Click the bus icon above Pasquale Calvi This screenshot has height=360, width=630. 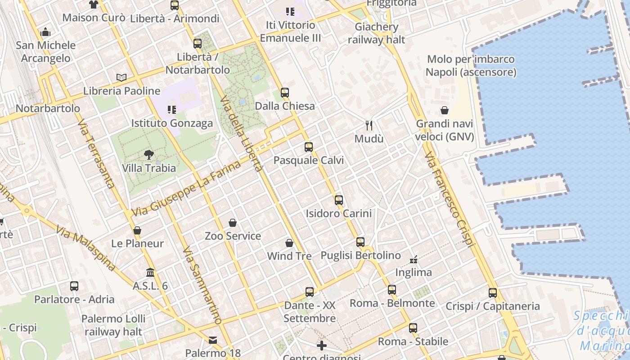[308, 147]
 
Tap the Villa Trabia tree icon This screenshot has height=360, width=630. [148, 155]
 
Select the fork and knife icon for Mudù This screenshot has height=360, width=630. [369, 125]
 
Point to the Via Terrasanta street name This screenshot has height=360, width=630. [95, 153]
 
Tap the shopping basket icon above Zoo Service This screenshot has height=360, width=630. [233, 223]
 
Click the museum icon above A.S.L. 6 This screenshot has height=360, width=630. [150, 273]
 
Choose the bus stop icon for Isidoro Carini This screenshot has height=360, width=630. [339, 200]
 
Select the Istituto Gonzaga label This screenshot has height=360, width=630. [172, 123]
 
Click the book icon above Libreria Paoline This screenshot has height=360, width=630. [121, 77]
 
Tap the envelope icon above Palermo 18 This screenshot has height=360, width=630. [213, 340]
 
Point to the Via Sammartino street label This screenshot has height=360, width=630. [202, 285]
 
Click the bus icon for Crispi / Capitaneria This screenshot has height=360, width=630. [493, 293]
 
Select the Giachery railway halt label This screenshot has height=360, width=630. [376, 33]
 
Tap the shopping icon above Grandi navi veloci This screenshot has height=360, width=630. [445, 110]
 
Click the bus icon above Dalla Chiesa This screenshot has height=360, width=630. [284, 93]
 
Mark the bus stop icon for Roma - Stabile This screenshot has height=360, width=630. [413, 328]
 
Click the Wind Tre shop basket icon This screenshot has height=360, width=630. [289, 243]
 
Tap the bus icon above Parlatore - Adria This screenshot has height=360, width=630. [74, 286]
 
